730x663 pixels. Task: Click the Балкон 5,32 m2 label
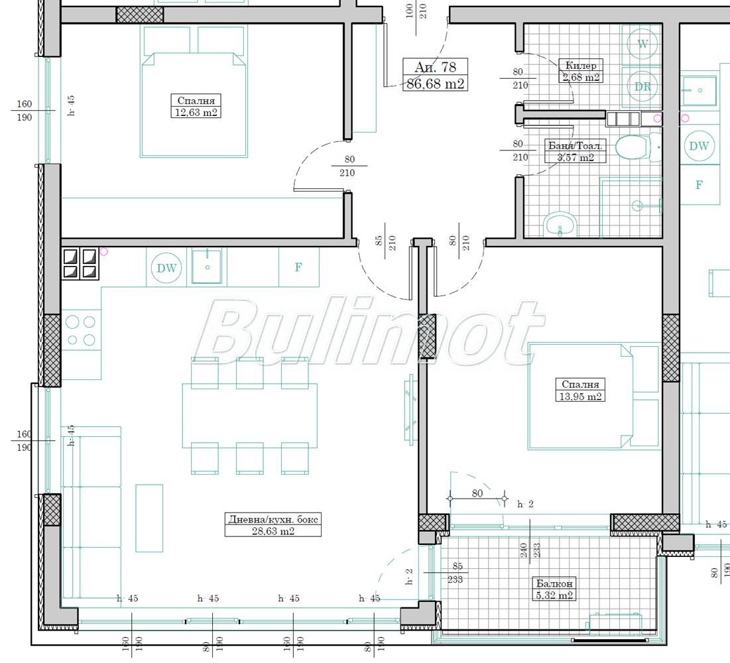click(554, 589)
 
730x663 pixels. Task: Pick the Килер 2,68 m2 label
click(581, 71)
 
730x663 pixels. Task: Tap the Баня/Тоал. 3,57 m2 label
click(576, 151)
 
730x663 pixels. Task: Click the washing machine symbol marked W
click(642, 44)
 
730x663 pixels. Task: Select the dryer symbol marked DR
click(642, 86)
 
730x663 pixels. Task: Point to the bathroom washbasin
click(560, 225)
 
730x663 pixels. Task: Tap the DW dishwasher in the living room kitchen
click(166, 268)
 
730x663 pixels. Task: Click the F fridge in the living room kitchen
click(298, 267)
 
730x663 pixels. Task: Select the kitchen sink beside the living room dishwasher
click(207, 267)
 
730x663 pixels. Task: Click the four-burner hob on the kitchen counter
click(80, 264)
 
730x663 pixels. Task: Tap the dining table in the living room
click(249, 415)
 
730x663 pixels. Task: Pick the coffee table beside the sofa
click(149, 518)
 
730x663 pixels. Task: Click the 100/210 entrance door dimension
click(416, 11)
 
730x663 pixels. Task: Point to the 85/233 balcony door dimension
click(456, 573)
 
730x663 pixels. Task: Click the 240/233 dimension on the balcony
click(530, 550)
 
